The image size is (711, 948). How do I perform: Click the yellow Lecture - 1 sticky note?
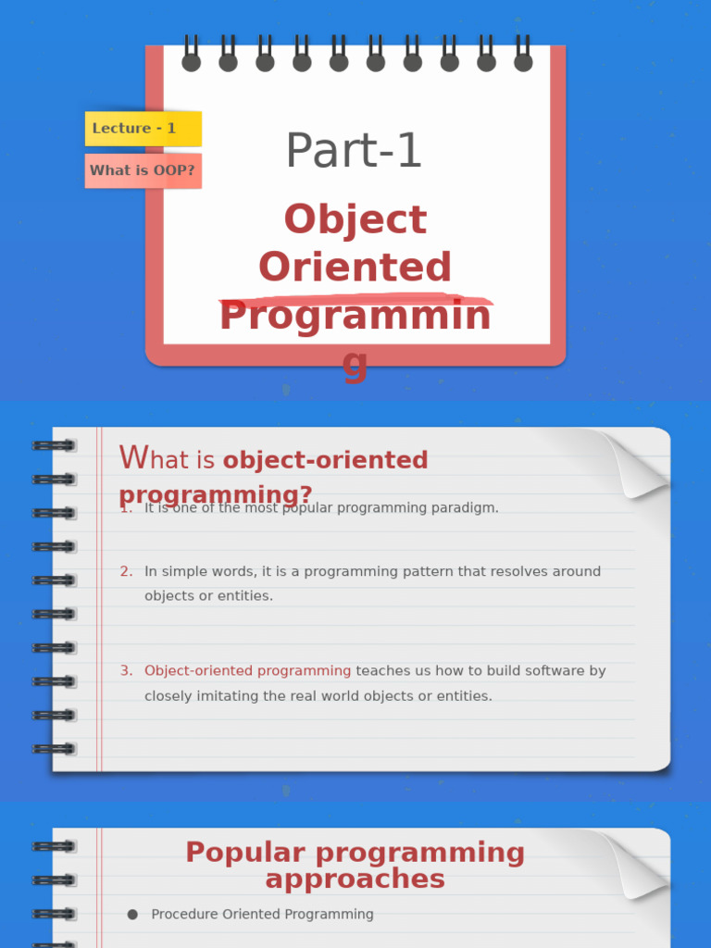tap(143, 129)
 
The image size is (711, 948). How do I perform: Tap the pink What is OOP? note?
tap(143, 171)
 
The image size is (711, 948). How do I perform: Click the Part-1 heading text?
tap(354, 151)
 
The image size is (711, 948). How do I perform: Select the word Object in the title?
tap(355, 220)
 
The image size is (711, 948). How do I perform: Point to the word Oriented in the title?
tap(355, 268)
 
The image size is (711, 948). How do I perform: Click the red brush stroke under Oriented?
tap(355, 299)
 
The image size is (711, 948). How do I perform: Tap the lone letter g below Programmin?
tap(355, 364)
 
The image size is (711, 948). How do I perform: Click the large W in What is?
tap(133, 457)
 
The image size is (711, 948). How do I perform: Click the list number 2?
tap(126, 572)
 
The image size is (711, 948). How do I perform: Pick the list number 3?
tap(126, 671)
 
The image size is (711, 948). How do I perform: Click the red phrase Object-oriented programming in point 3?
tap(248, 671)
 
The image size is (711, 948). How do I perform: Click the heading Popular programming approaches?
tap(355, 865)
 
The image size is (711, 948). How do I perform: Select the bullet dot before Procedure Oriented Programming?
tap(132, 915)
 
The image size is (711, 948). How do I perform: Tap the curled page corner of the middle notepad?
tap(632, 461)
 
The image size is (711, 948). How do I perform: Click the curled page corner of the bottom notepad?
tap(632, 861)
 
